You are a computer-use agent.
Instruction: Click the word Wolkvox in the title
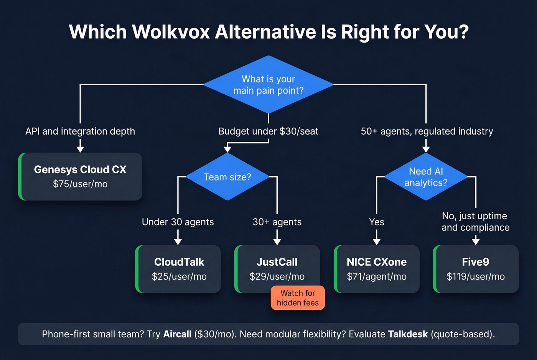(171, 32)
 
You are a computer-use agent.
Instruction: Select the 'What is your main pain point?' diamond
(268, 85)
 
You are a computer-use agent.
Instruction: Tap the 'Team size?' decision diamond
(227, 177)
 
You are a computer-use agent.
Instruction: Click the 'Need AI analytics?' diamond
(426, 177)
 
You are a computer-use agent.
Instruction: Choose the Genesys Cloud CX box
(80, 177)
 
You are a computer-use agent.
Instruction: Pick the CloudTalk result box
(179, 269)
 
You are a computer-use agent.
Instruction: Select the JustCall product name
(277, 262)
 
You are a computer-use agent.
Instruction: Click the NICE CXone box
(377, 269)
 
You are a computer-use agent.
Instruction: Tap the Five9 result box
(476, 269)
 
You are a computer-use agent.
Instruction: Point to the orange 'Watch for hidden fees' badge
(298, 298)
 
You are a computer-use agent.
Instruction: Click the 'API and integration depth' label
(80, 132)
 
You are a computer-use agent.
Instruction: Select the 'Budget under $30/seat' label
(268, 132)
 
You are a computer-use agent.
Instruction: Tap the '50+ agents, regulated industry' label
(427, 132)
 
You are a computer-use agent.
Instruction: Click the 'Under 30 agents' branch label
(178, 222)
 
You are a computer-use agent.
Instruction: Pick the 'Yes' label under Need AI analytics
(376, 222)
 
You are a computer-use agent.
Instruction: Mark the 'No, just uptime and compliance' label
(475, 222)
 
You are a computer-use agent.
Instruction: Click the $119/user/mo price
(476, 276)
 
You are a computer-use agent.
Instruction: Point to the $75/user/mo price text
(80, 184)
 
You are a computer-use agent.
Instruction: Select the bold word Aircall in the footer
(177, 334)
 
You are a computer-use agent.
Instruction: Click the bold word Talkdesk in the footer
(408, 334)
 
